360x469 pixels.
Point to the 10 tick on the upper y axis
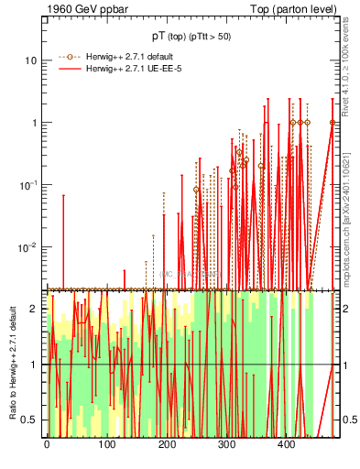[x=31, y=60]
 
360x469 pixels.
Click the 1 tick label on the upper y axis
[x=35, y=123]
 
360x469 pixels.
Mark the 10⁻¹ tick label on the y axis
[x=30, y=184]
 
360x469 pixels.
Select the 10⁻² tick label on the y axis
[x=30, y=246]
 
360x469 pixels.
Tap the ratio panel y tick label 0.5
[x=30, y=420]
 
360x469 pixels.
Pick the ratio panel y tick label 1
[x=35, y=365]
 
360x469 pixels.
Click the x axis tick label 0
[x=47, y=446]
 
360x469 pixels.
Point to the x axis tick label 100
[x=106, y=446]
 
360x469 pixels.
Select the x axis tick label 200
[x=167, y=446]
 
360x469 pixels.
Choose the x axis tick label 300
[x=226, y=446]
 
